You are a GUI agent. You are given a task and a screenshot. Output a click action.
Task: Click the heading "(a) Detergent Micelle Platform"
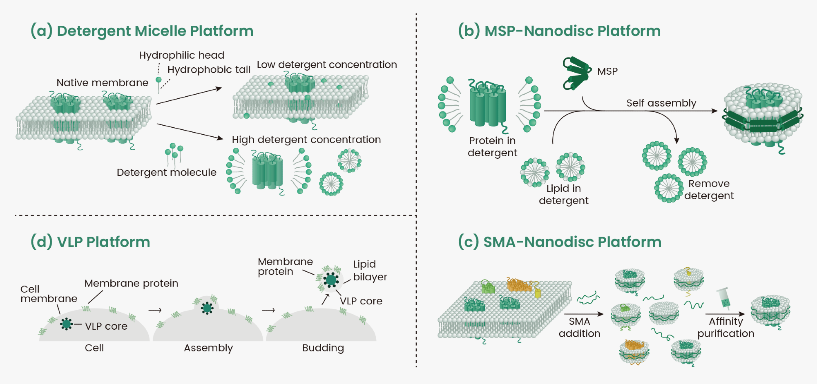tap(142, 31)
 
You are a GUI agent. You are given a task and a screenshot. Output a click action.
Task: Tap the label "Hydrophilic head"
tap(181, 55)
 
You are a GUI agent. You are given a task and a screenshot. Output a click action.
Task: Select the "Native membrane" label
tap(102, 82)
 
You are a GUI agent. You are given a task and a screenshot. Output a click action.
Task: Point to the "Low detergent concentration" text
tap(327, 64)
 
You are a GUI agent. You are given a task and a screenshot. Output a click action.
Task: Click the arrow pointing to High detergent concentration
tap(190, 131)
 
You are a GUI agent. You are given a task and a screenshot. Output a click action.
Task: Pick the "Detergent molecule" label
tap(166, 172)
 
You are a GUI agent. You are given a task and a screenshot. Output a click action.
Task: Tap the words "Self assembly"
tap(661, 103)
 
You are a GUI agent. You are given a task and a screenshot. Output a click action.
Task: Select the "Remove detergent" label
tap(709, 189)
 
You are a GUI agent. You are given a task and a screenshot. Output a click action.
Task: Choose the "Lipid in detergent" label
tap(563, 194)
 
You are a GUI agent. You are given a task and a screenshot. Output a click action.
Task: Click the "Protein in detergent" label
tap(492, 146)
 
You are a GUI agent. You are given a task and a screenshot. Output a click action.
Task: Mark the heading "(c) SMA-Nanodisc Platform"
tap(559, 242)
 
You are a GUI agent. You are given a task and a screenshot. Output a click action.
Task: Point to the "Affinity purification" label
tap(725, 327)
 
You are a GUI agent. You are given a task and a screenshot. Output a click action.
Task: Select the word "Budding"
tap(323, 348)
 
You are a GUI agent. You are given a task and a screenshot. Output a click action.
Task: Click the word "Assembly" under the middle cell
tap(208, 348)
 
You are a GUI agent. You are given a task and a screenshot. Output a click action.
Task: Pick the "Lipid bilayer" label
tap(370, 270)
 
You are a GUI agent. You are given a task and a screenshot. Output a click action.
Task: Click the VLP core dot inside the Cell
tap(66, 324)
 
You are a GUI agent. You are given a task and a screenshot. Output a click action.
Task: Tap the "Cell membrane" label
tap(49, 294)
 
